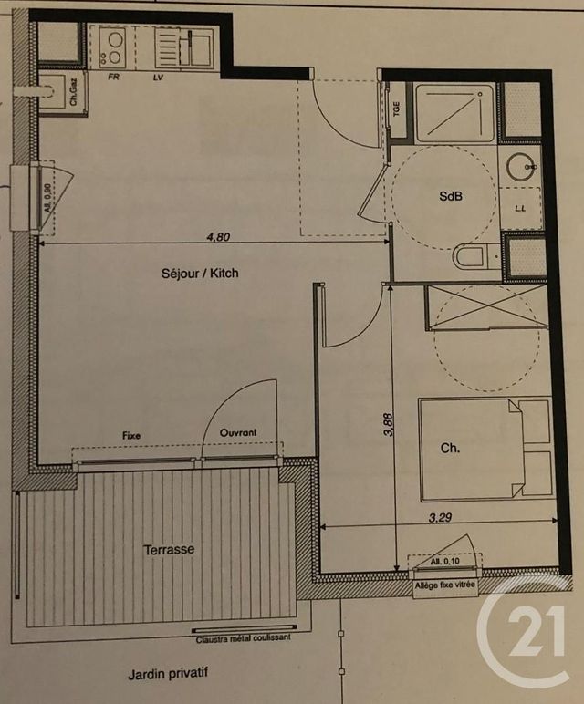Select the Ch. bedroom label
coord(450,449)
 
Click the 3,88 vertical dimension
coord(386,429)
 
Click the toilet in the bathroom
coord(470,257)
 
